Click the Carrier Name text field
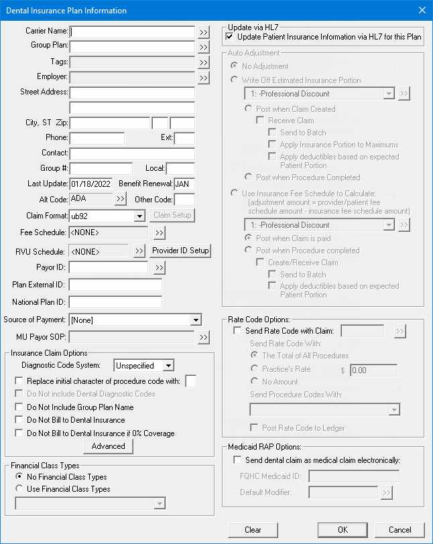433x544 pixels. click(132, 31)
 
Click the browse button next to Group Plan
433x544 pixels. click(204, 47)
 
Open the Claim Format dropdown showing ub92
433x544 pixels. click(139, 216)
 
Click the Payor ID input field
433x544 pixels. click(108, 268)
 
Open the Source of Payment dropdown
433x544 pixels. click(196, 320)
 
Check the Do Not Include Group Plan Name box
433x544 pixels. click(19, 407)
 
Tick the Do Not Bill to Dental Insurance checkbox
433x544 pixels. click(19, 420)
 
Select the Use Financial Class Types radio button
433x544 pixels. click(19, 489)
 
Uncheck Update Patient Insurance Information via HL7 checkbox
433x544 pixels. click(230, 37)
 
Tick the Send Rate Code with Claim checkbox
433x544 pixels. click(237, 331)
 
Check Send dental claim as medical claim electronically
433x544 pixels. click(237, 460)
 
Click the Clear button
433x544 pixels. click(253, 530)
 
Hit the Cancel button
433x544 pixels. click(400, 530)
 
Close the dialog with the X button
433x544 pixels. click(422, 10)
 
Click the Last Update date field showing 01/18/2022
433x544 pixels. click(92, 184)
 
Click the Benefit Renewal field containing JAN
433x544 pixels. click(184, 184)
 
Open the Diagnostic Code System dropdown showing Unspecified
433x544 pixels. click(168, 366)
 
